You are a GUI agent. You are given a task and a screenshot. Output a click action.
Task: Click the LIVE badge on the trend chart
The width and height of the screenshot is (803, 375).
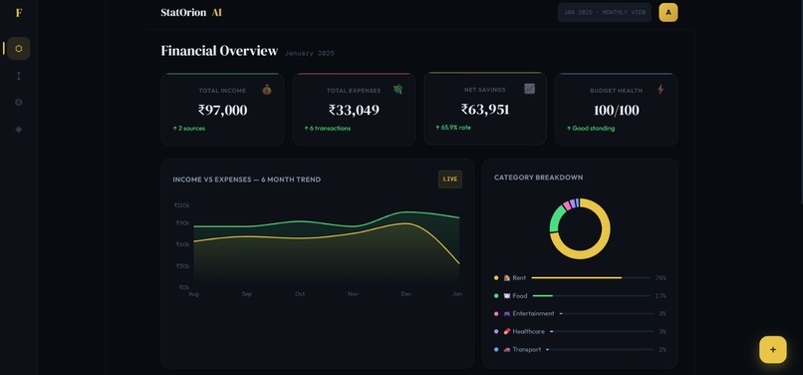[450, 180]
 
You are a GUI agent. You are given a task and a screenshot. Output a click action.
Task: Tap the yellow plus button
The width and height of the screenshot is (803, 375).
[772, 349]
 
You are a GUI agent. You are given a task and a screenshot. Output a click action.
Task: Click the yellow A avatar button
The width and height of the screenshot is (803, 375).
[669, 12]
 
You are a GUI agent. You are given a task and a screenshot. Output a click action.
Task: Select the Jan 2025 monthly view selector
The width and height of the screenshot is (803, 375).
[604, 12]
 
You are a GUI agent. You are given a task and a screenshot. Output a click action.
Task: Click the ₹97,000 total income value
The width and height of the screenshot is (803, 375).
[222, 111]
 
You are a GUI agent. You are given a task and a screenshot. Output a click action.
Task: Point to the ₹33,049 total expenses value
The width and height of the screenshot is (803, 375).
[354, 111]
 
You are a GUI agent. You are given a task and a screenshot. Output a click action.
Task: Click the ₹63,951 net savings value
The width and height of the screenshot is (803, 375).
[485, 110]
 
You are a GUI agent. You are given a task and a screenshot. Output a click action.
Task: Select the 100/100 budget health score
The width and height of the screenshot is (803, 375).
[616, 111]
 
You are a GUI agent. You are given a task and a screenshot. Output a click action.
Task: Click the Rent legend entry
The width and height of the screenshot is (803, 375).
[519, 278]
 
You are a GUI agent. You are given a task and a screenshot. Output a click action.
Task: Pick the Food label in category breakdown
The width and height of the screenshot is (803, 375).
[519, 296]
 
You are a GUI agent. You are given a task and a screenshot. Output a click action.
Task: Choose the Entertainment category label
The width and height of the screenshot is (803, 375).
[533, 314]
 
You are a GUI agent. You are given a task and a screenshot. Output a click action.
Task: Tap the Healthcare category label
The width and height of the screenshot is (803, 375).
[528, 332]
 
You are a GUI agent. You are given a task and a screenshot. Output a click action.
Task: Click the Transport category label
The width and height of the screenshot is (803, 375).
[526, 350]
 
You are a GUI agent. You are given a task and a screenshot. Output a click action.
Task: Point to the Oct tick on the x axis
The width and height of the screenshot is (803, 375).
[300, 294]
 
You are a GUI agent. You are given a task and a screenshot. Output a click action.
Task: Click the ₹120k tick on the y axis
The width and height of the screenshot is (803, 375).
[182, 205]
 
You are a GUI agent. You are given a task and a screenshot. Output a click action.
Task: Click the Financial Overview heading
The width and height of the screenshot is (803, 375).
[219, 51]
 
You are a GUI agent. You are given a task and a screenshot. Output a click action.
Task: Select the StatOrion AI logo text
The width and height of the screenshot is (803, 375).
[191, 13]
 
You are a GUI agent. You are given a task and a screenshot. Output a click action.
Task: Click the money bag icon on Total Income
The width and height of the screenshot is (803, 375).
[267, 90]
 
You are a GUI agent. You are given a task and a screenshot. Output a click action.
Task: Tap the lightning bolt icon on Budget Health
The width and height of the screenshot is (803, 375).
[661, 90]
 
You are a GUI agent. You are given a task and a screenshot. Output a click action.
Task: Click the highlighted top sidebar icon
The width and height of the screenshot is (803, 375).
[18, 49]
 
